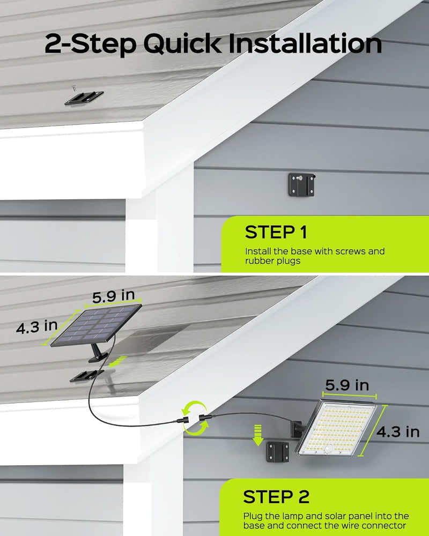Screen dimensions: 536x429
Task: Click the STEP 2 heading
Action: (276, 496)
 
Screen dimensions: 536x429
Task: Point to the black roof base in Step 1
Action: (84, 98)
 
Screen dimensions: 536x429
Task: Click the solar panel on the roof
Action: (97, 326)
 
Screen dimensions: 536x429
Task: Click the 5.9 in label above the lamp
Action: (347, 385)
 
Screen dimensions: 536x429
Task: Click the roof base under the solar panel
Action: (87, 375)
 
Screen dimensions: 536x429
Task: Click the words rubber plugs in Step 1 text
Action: (270, 261)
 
